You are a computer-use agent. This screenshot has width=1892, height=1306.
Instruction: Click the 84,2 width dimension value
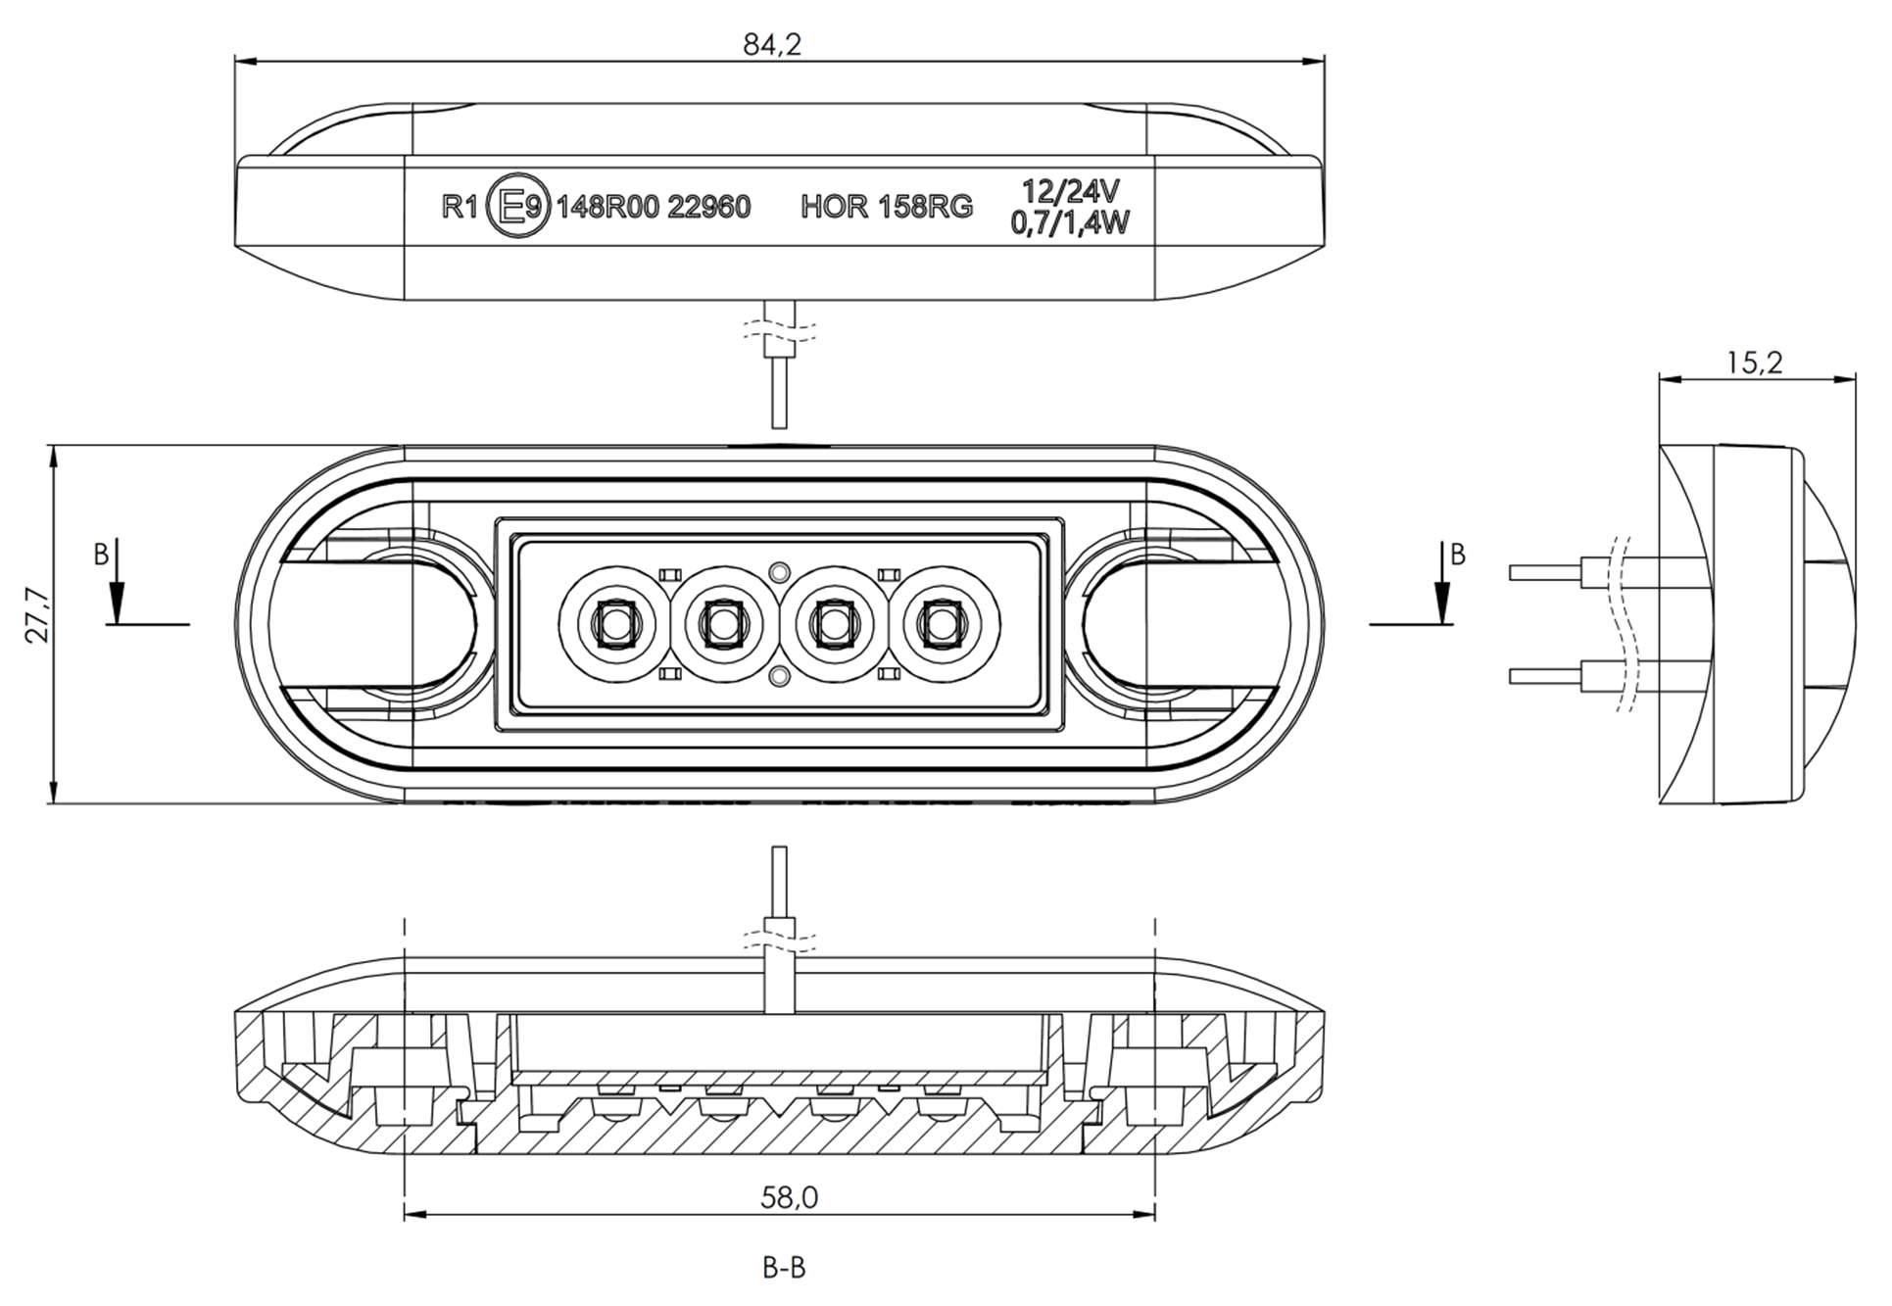click(x=771, y=43)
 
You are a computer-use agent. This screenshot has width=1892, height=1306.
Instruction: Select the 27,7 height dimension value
click(x=36, y=614)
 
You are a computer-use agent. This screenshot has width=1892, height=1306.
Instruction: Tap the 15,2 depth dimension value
click(x=1754, y=363)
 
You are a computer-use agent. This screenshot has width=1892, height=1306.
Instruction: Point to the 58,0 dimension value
click(x=789, y=1195)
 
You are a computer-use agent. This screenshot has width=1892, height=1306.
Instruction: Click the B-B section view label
click(x=784, y=1267)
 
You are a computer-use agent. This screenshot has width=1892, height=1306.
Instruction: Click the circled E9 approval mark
click(x=519, y=206)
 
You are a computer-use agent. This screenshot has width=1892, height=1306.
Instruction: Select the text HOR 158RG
click(x=887, y=207)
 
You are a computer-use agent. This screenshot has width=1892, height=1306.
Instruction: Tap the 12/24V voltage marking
click(x=1070, y=190)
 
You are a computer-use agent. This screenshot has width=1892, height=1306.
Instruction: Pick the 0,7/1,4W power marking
click(x=1070, y=223)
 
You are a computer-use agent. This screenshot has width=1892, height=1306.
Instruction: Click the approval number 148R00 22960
click(x=654, y=207)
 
